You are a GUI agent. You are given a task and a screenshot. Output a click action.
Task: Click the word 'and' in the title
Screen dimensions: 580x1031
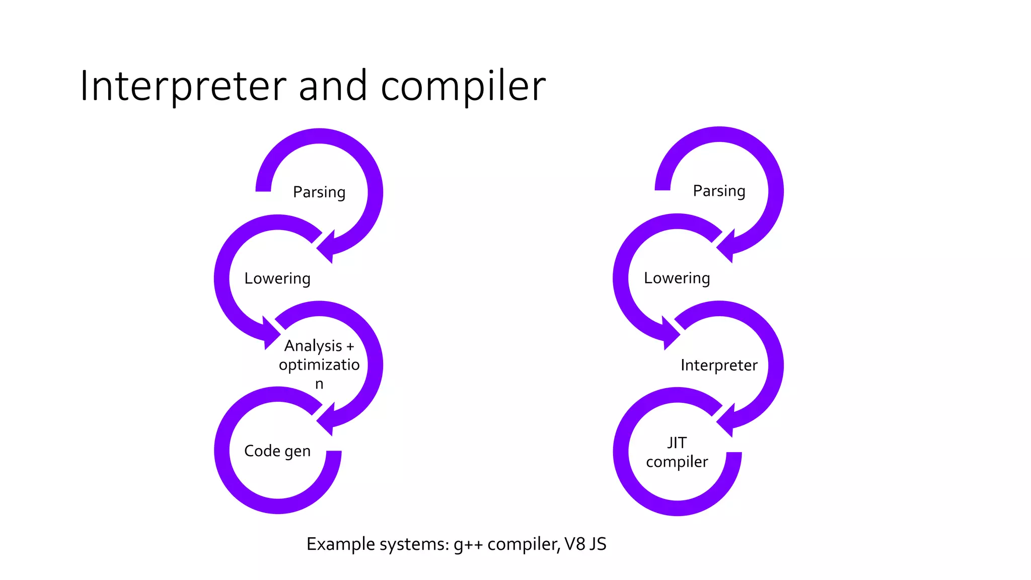pos(333,86)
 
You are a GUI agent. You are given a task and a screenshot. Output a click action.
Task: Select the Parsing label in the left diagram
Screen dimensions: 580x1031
pos(319,192)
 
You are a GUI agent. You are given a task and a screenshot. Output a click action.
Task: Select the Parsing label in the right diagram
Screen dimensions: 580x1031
pos(719,191)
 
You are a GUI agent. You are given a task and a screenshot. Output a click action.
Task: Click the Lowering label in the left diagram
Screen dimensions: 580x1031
pos(277,278)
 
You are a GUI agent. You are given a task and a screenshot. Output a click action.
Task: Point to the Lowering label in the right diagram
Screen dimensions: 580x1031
pos(677,278)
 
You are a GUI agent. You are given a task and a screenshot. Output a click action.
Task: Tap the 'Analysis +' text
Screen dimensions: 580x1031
pos(319,346)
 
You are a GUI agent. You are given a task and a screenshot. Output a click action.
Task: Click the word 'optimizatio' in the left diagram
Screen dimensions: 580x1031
pos(319,365)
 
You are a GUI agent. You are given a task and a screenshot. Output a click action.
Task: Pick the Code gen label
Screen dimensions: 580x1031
pos(277,451)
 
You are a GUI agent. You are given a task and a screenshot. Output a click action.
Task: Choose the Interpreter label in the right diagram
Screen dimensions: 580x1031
pos(719,365)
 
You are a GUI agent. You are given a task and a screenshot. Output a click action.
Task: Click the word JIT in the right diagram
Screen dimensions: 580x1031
pos(677,443)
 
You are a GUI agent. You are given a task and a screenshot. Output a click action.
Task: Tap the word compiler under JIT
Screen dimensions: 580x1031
pos(677,462)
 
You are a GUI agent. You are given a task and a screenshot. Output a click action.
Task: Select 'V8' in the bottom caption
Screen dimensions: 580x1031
pos(575,544)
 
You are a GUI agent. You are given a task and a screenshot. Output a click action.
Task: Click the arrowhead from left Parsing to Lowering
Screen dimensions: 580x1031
pos(327,247)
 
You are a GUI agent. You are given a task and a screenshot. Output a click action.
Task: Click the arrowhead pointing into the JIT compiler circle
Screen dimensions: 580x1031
pos(726,420)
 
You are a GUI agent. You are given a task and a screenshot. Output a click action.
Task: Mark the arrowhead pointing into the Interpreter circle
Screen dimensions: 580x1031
pos(670,333)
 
